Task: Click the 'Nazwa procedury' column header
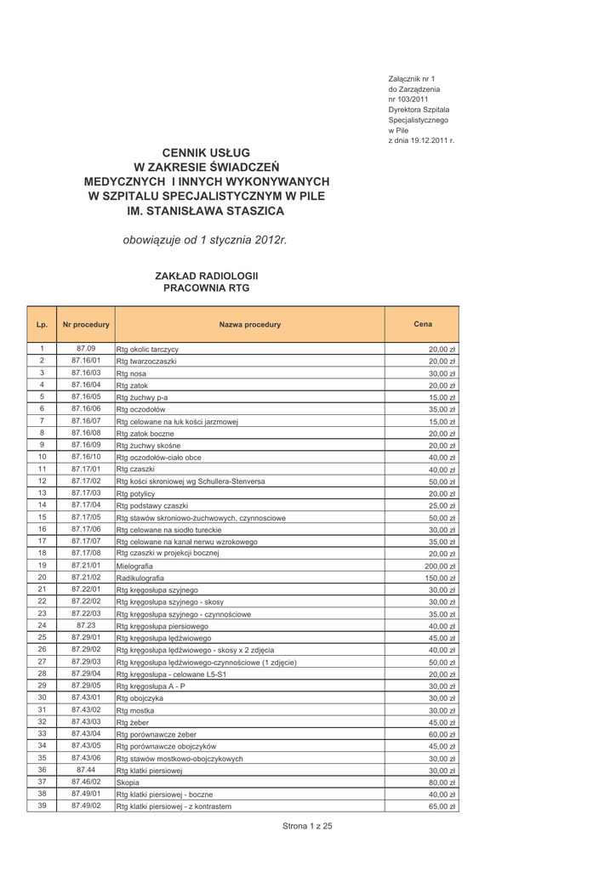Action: coord(249,325)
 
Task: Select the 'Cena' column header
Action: coord(422,324)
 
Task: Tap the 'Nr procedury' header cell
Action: coord(86,325)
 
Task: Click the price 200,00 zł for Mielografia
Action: coord(441,566)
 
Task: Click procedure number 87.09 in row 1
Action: coord(86,349)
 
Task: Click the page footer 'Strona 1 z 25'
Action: coord(307,826)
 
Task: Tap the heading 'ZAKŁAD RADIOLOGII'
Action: coord(206,276)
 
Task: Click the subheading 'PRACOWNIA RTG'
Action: coord(206,288)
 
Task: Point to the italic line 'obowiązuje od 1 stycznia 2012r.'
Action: coord(206,241)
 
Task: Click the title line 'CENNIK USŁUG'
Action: coord(206,151)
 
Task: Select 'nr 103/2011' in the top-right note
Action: coord(409,100)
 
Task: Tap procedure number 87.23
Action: coord(86,624)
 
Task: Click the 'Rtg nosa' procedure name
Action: coord(131,373)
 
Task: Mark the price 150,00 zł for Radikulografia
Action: coord(441,578)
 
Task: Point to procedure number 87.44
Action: coord(86,770)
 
